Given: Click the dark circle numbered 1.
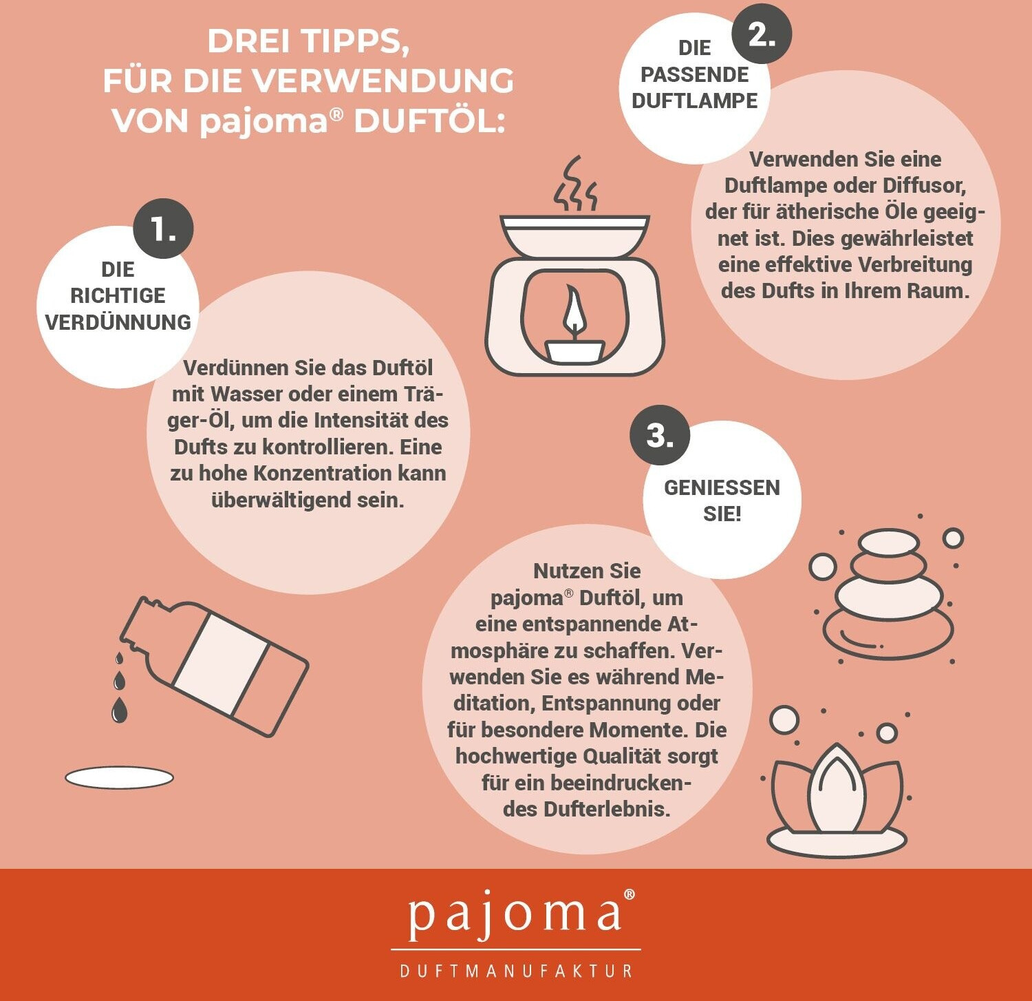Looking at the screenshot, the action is pyautogui.click(x=163, y=229).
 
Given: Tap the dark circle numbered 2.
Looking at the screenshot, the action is pyautogui.click(x=761, y=33).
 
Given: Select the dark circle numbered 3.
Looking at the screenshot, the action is pyautogui.click(x=660, y=435).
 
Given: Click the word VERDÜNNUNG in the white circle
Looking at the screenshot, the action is pyautogui.click(x=118, y=322).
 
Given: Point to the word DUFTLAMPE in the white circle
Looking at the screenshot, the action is pyautogui.click(x=694, y=101).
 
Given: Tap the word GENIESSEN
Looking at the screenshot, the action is pyautogui.click(x=722, y=487).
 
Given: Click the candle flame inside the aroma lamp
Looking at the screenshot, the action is pyautogui.click(x=574, y=311).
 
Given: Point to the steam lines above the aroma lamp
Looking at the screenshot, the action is pyautogui.click(x=575, y=184).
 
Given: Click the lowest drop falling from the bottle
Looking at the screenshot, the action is pyautogui.click(x=120, y=710).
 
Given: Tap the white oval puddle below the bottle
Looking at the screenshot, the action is pyautogui.click(x=119, y=778).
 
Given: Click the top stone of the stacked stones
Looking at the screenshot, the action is pyautogui.click(x=889, y=542).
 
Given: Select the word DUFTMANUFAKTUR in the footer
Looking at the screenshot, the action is pyautogui.click(x=516, y=971).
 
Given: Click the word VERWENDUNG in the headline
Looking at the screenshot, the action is pyautogui.click(x=381, y=81).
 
